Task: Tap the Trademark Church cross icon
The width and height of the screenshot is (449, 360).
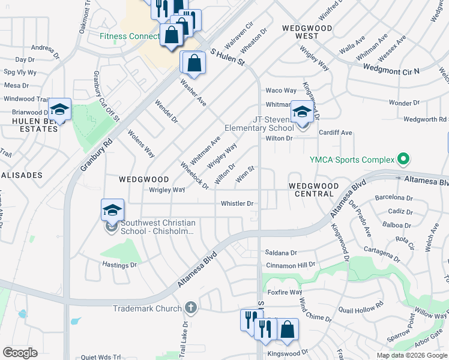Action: click(x=190, y=308)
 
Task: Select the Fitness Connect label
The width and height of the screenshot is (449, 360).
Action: click(x=129, y=36)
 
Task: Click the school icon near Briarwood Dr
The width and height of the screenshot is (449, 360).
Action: click(x=59, y=109)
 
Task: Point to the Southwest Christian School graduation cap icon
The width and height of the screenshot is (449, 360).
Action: click(x=112, y=210)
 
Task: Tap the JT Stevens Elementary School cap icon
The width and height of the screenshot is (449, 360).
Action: click(x=302, y=112)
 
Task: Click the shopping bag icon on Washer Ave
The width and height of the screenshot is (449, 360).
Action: click(x=194, y=62)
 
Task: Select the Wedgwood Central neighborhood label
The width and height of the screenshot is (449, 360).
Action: click(x=314, y=190)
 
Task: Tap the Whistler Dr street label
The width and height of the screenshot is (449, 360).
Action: click(x=237, y=203)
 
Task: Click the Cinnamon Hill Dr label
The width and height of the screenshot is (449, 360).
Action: click(x=291, y=265)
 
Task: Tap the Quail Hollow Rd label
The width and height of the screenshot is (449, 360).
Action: click(x=360, y=307)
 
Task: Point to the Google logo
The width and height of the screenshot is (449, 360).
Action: click(x=20, y=353)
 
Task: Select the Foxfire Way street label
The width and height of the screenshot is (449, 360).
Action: click(x=285, y=292)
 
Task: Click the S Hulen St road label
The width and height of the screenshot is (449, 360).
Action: click(x=228, y=59)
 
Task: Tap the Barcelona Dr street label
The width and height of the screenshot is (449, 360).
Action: click(x=394, y=197)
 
